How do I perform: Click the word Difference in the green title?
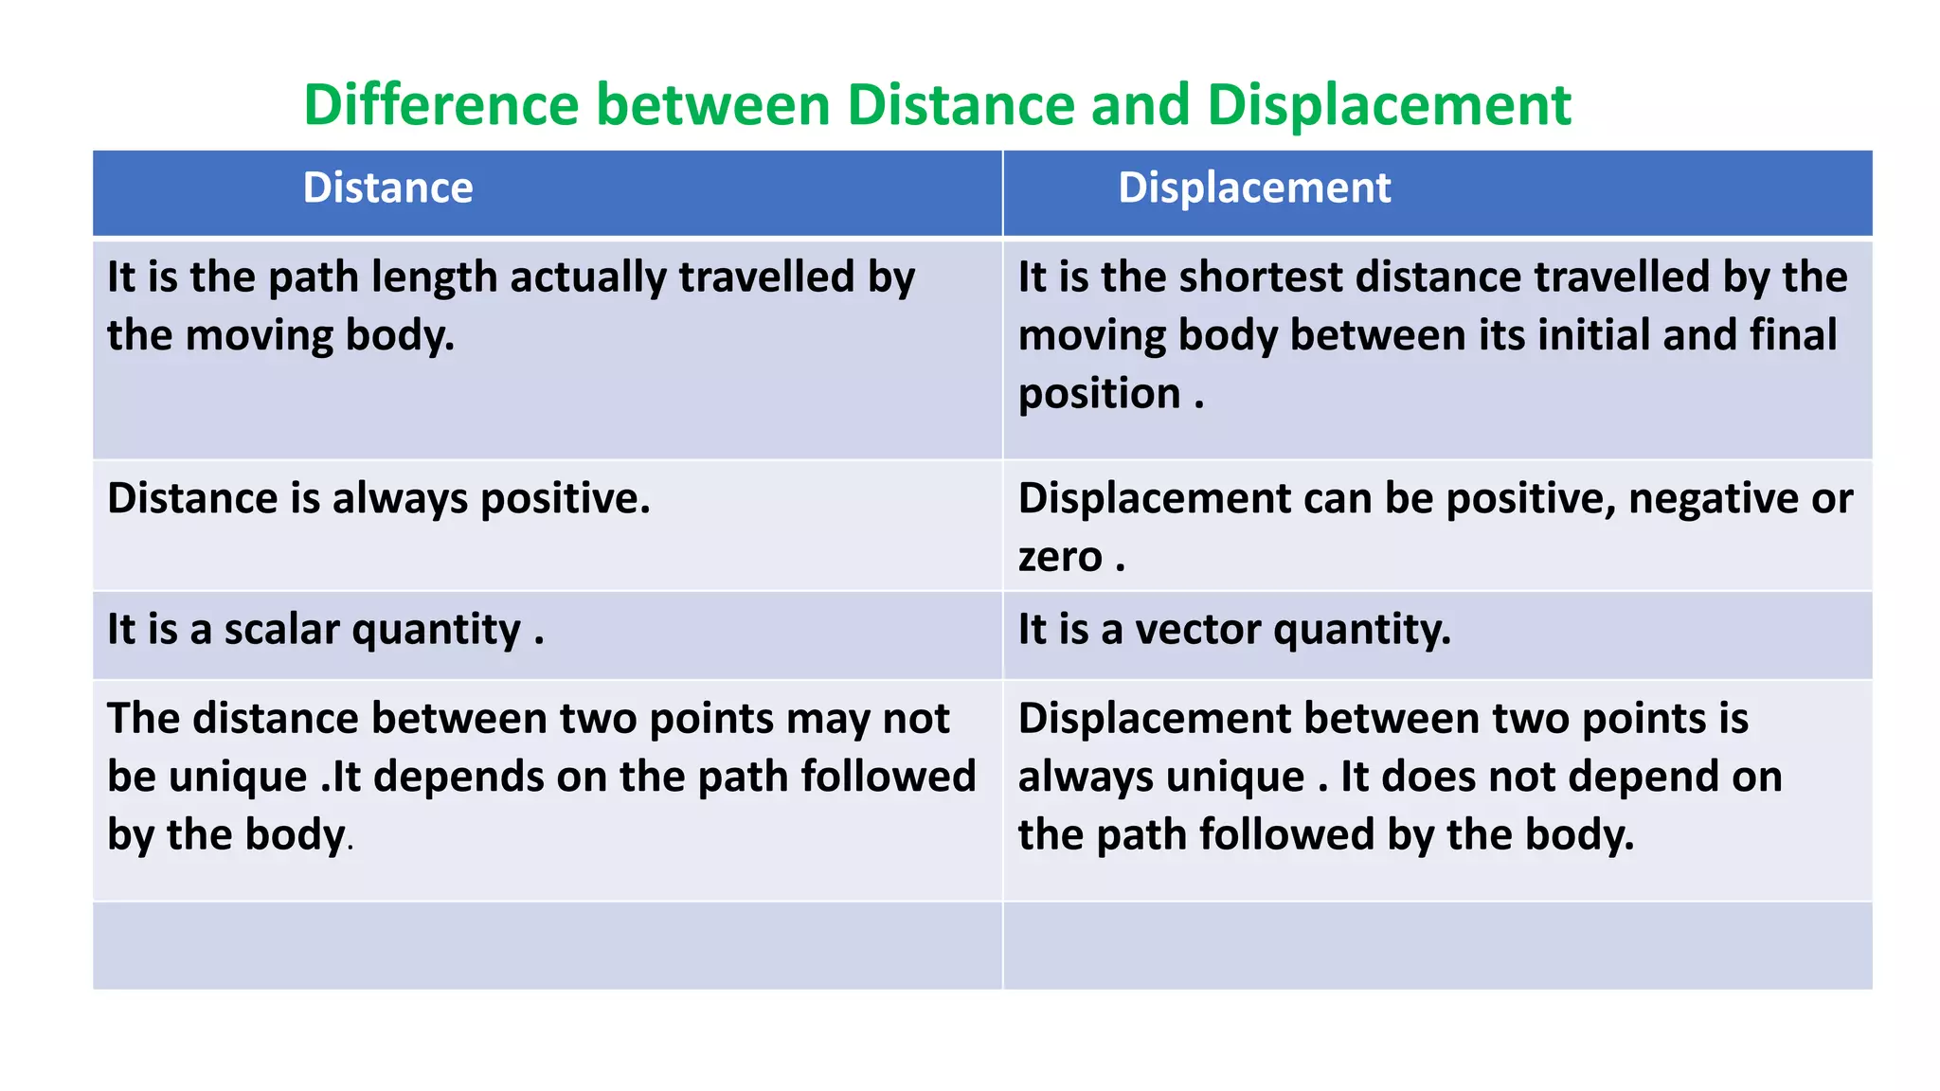(440, 104)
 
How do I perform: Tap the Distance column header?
(387, 188)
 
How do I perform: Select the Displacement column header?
(1254, 188)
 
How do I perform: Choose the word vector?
(1197, 630)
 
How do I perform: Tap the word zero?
(1060, 558)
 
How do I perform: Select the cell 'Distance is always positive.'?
(379, 499)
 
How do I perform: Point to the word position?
(1099, 395)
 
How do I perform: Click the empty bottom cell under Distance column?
(547, 945)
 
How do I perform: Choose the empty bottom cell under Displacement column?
(1437, 945)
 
